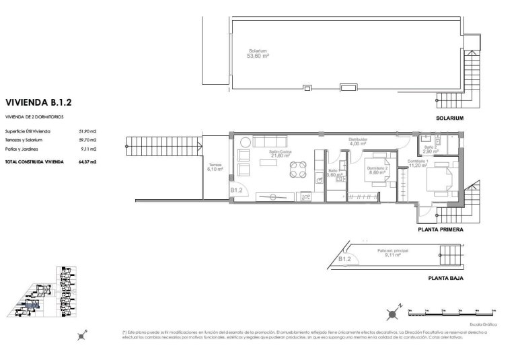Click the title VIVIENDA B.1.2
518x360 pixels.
tap(38, 104)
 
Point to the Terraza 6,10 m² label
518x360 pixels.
tap(215, 167)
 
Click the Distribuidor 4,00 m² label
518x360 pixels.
tap(357, 141)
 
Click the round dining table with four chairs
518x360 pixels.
tap(296, 171)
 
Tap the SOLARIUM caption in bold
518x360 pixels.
tap(450, 118)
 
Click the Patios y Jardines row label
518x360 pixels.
tap(22, 149)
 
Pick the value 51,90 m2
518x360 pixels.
tap(88, 131)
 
